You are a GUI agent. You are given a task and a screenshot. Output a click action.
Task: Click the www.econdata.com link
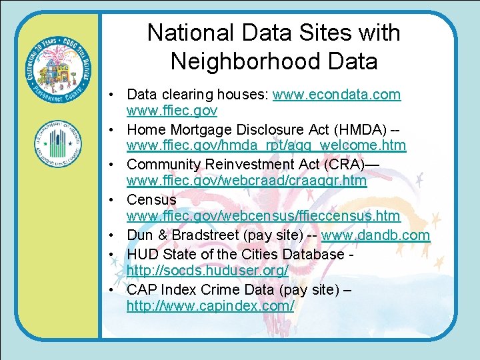[337, 95]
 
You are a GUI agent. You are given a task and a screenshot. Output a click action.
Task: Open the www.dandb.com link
[376, 235]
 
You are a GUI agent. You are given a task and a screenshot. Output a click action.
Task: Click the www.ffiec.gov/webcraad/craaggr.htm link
[247, 181]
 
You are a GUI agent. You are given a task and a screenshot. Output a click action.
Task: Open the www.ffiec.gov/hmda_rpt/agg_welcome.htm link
[267, 145]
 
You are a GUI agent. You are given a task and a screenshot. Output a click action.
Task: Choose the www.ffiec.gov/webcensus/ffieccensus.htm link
[263, 216]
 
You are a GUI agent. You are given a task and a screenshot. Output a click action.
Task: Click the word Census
[151, 199]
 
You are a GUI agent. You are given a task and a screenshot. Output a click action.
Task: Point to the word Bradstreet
[203, 235]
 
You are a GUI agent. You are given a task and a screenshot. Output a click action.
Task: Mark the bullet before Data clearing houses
[116, 95]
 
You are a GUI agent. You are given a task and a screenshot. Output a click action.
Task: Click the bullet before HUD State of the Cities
[116, 253]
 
